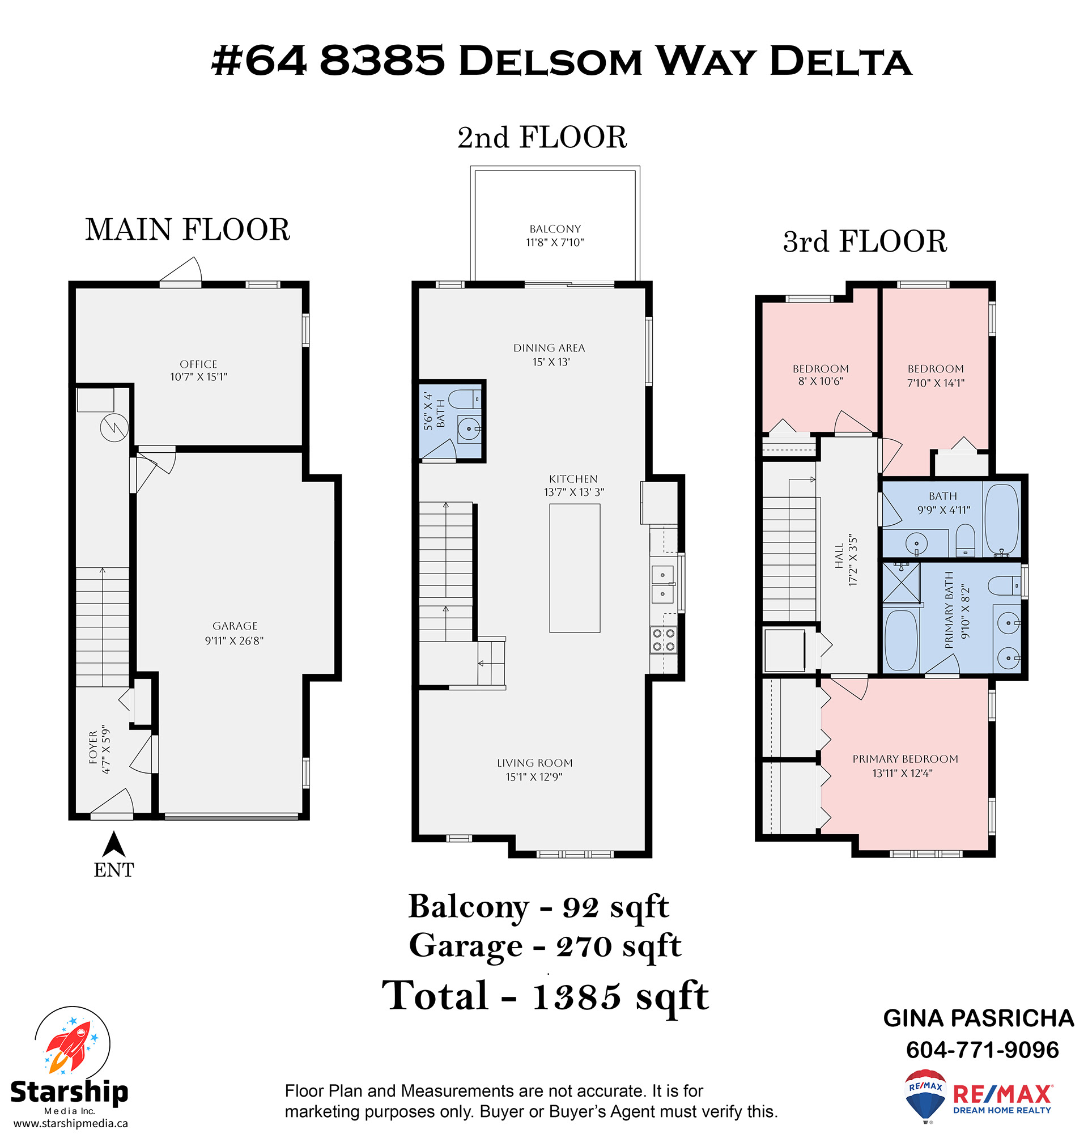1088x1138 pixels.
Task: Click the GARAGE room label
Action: coord(235,626)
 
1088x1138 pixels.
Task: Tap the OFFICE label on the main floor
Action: coord(198,364)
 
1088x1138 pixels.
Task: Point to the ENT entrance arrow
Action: coord(114,844)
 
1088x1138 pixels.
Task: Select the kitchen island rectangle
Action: coord(575,568)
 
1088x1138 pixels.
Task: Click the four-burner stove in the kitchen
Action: coord(664,639)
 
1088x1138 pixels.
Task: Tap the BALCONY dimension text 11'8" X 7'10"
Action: coord(555,243)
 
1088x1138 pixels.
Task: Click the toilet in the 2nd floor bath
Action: coord(465,398)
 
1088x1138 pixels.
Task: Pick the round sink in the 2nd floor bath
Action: coord(469,429)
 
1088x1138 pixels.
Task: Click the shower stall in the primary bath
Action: coord(900,583)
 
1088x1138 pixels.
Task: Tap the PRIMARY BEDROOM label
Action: coord(906,759)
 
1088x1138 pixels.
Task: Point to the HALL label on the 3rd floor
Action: coord(839,555)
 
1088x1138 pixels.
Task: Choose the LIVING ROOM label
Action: coord(535,763)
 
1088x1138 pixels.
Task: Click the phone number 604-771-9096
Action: coord(983,1050)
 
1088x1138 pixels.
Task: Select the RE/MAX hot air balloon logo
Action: coord(925,1095)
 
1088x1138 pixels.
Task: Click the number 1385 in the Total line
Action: coord(576,996)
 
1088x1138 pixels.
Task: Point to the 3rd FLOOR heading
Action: coord(865,241)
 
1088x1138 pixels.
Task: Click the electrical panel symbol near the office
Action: coord(114,428)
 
